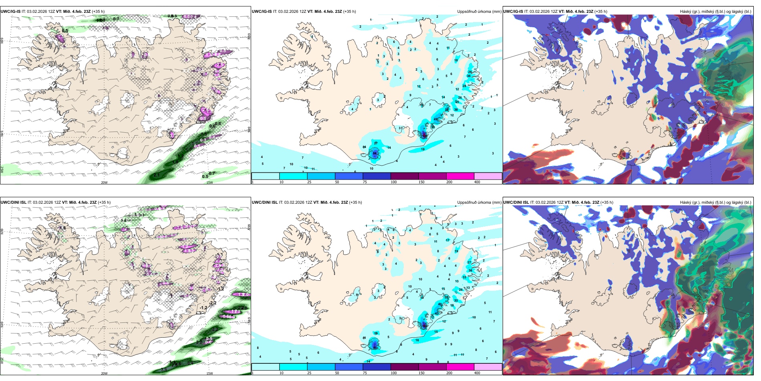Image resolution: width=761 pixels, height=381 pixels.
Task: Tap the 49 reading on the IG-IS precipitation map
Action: pos(436,120)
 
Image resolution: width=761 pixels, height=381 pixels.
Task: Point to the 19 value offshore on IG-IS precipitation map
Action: pos(423,150)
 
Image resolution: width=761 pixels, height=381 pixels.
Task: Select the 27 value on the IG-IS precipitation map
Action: pos(376,143)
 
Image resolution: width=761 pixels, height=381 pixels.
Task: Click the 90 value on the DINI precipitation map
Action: pos(375,348)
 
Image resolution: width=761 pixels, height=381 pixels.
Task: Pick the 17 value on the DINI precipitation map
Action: pos(447,241)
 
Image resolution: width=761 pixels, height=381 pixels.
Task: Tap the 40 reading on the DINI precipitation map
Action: pos(440,304)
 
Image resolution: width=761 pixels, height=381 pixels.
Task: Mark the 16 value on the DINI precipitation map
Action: pos(417,340)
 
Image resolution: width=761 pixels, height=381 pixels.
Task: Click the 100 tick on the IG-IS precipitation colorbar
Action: pos(393,182)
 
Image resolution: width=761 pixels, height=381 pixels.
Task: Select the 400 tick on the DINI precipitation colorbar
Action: pos(477,373)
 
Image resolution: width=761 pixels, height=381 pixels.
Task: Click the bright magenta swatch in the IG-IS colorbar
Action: pos(460,176)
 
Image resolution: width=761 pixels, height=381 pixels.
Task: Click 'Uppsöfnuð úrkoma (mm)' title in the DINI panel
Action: pos(479,203)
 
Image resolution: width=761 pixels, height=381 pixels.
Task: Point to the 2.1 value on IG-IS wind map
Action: pos(156,175)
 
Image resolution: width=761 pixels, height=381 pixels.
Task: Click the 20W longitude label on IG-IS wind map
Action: pos(104,182)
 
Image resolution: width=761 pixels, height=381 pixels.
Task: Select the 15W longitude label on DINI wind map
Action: pos(209,373)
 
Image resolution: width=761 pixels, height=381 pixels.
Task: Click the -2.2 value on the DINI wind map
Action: pos(212,303)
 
